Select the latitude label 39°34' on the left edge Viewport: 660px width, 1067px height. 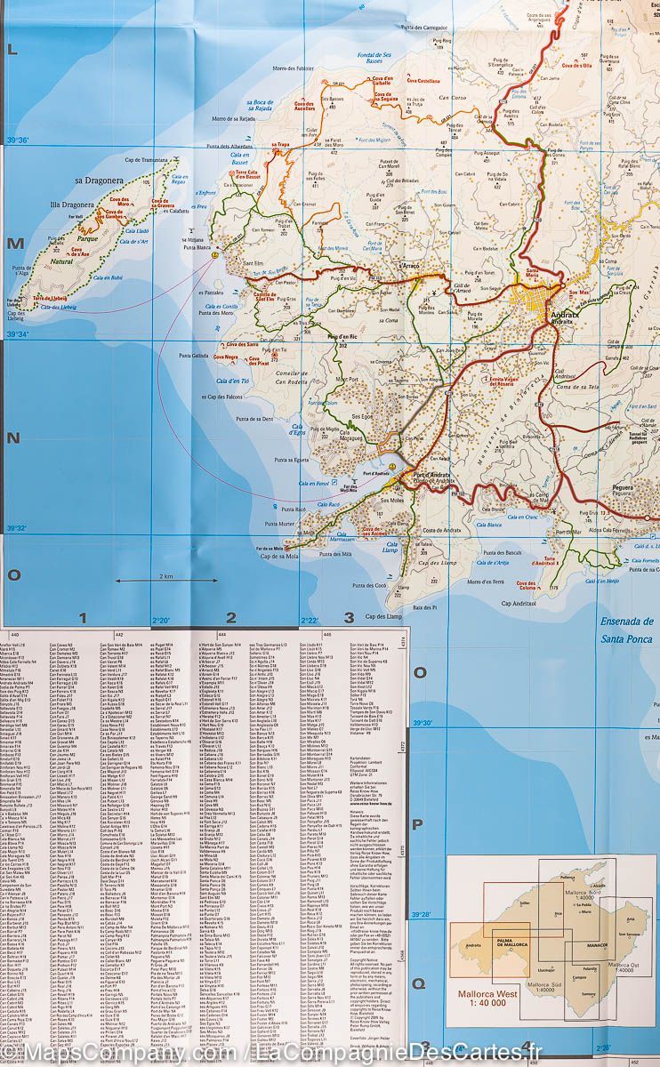click(18, 334)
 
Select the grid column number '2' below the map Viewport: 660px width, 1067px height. click(231, 617)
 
